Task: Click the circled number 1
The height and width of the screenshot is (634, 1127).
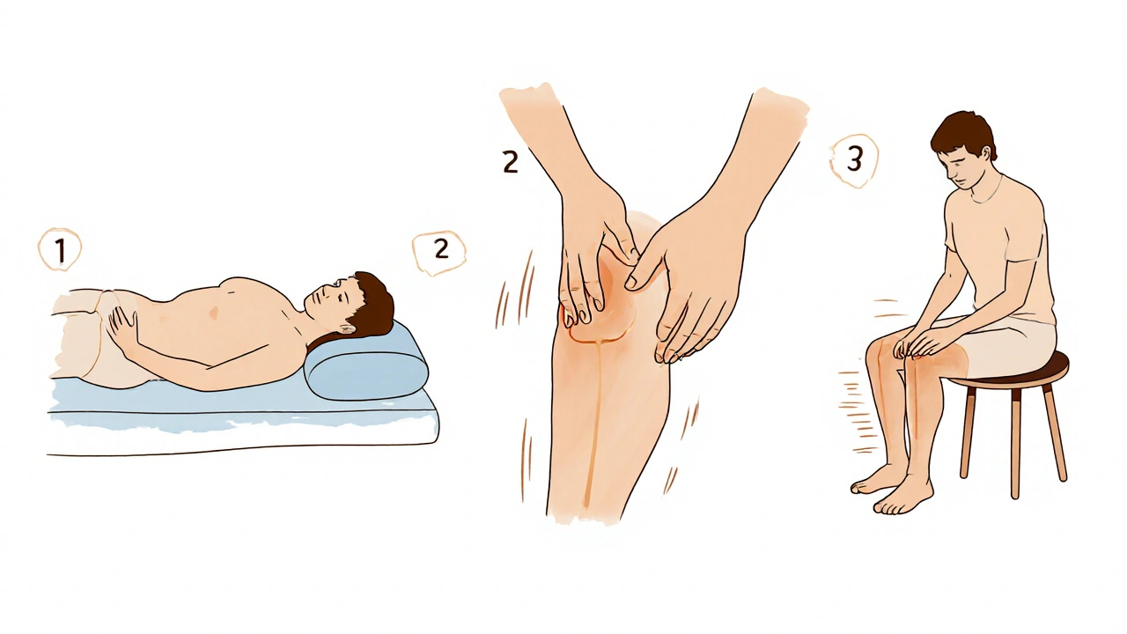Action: [x=60, y=250]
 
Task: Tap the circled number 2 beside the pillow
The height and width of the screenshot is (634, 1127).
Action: [x=440, y=252]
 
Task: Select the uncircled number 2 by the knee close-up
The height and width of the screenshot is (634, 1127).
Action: [x=510, y=163]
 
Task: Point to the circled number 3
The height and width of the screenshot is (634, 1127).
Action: [x=854, y=160]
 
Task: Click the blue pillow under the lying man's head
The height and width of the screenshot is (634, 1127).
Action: [x=366, y=364]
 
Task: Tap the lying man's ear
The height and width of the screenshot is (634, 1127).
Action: [x=347, y=329]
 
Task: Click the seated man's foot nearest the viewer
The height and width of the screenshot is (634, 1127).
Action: [x=903, y=496]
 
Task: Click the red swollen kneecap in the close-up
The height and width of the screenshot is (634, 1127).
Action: [x=601, y=302]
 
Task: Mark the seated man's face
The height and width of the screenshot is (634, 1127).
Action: [x=959, y=168]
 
